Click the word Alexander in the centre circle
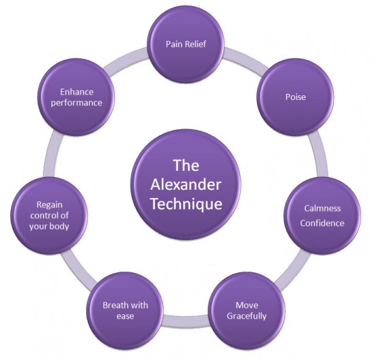tap(186, 185)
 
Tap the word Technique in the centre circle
tap(186, 204)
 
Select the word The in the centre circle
tap(186, 165)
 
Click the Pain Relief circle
tap(186, 44)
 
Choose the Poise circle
tap(295, 97)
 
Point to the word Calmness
tap(322, 208)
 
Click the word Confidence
tap(322, 223)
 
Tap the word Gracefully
tap(246, 316)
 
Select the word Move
tap(247, 305)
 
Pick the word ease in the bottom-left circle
tap(125, 316)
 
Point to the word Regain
tap(50, 205)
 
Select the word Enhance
tap(77, 92)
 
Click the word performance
tap(76, 103)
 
